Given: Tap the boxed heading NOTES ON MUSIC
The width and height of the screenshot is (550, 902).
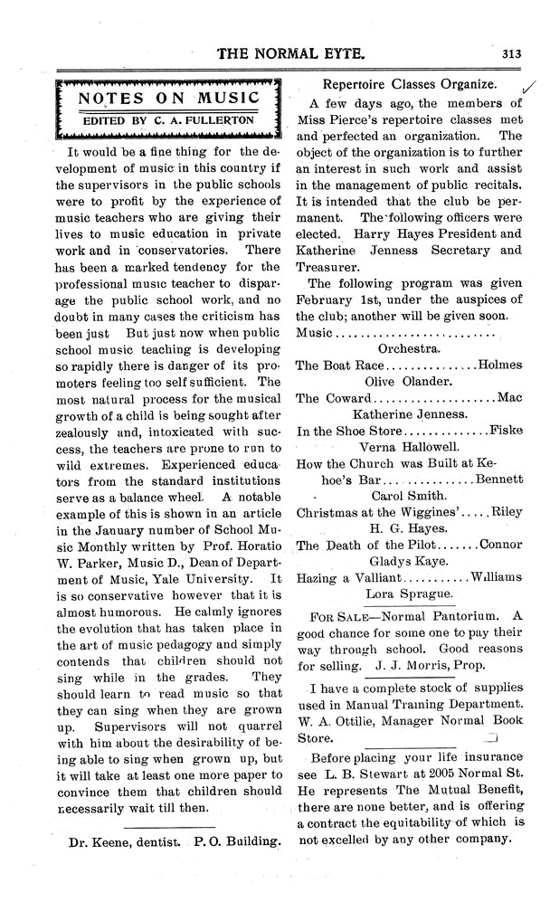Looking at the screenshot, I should point(168,98).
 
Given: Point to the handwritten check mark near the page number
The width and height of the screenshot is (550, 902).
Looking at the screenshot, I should point(527,86).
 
